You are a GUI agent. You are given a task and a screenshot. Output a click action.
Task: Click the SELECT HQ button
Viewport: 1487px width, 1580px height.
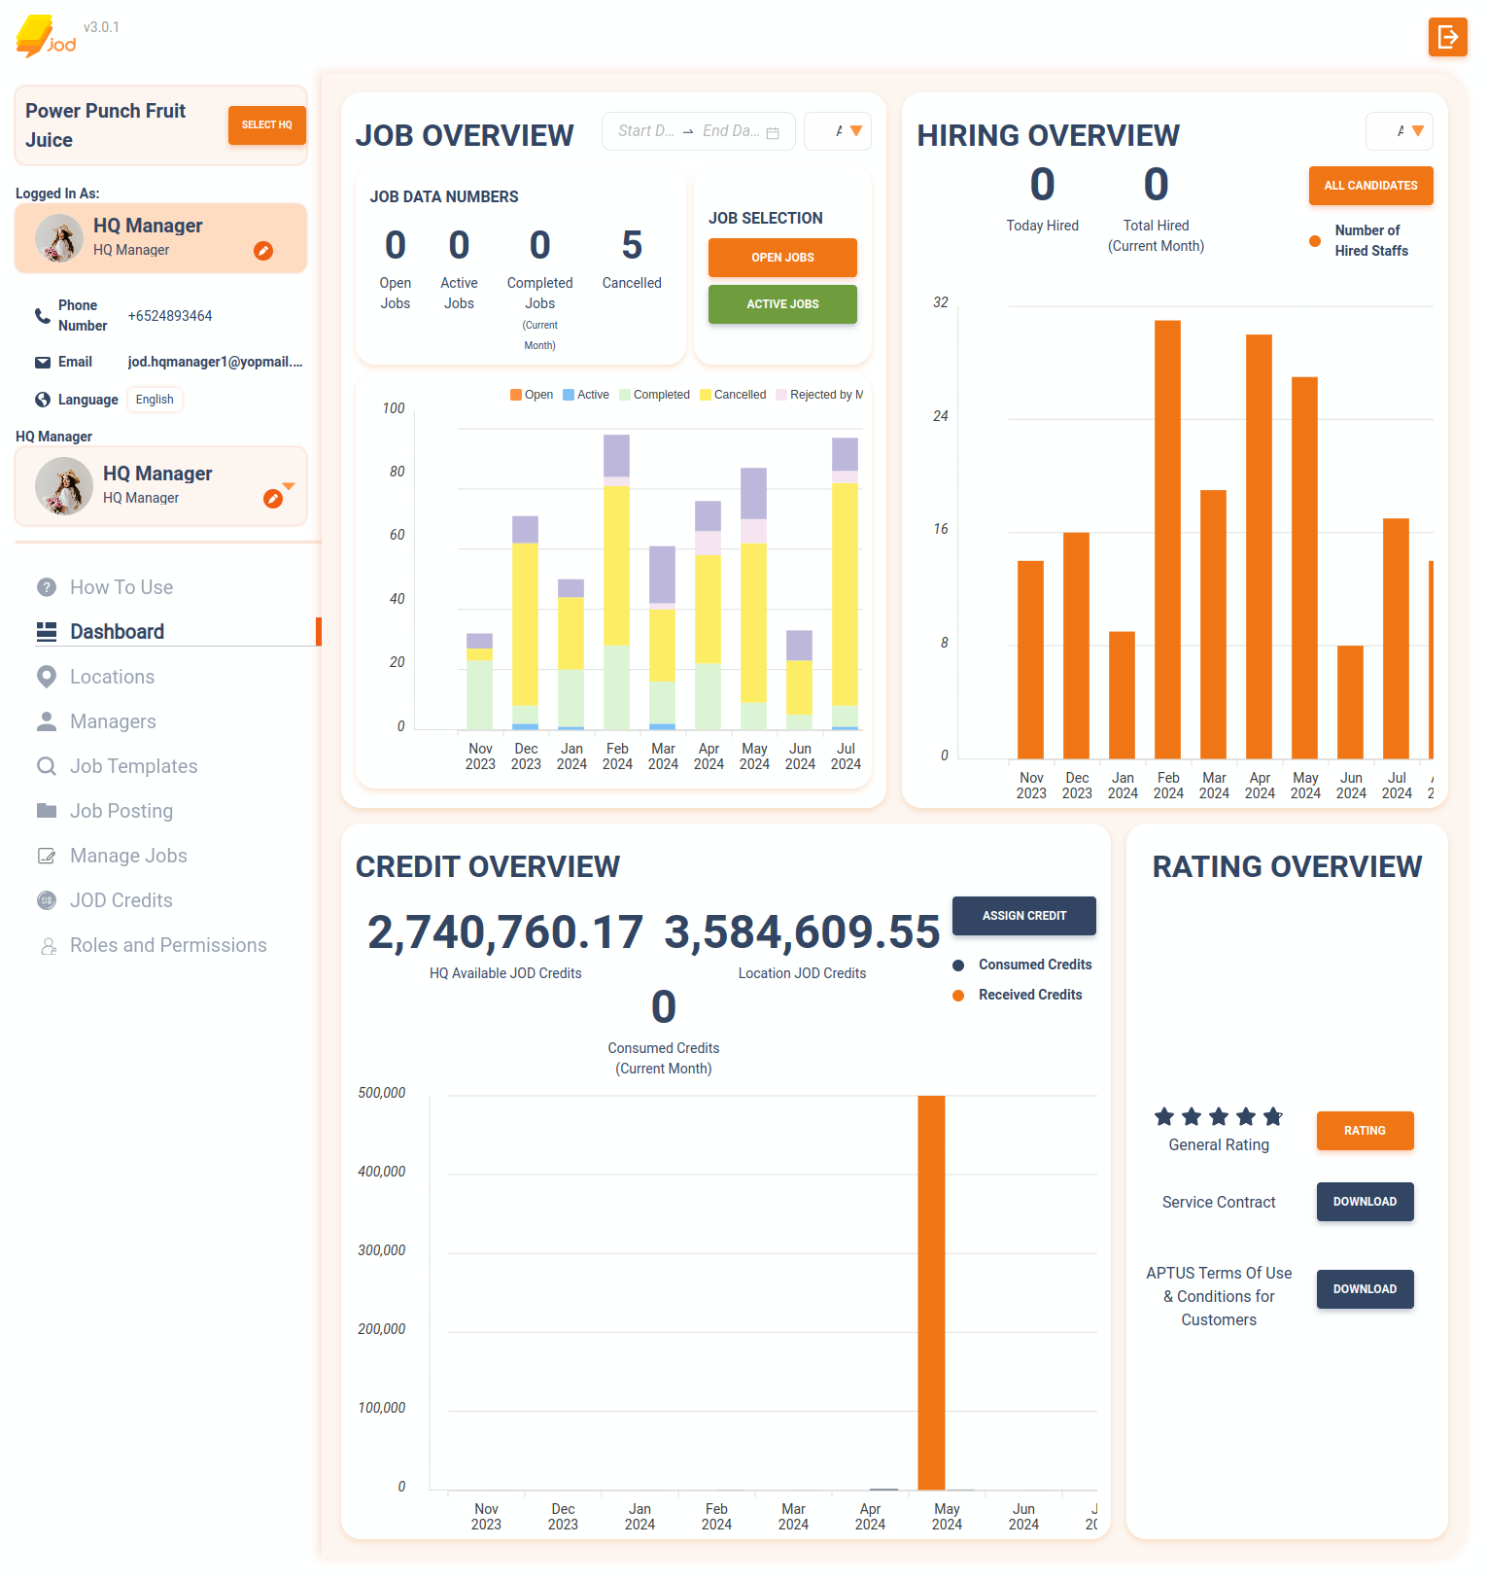(x=266, y=125)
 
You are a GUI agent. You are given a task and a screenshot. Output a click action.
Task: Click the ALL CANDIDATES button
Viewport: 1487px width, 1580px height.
(x=1370, y=186)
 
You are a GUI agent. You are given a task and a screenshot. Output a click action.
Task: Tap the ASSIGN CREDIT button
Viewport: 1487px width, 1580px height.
(x=1023, y=916)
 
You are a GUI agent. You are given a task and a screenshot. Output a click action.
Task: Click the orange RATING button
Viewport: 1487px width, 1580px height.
(x=1365, y=1131)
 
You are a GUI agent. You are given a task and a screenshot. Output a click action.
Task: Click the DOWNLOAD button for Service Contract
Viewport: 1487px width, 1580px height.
(x=1365, y=1202)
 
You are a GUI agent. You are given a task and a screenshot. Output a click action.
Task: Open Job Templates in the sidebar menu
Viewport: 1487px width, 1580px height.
(x=133, y=766)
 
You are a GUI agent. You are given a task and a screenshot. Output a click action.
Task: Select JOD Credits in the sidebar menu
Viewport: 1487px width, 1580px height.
(x=121, y=900)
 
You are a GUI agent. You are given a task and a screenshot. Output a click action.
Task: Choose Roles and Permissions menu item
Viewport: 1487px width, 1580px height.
(x=167, y=945)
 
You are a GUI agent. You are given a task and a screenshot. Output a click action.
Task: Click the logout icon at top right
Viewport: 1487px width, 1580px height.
(x=1447, y=37)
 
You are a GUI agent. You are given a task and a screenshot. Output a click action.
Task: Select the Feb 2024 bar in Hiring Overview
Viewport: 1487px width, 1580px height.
(x=1167, y=540)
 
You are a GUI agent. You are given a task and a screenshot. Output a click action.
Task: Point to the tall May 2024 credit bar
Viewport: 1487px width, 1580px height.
(x=931, y=1293)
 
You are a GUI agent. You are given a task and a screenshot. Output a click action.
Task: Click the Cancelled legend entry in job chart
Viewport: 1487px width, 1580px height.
(x=733, y=395)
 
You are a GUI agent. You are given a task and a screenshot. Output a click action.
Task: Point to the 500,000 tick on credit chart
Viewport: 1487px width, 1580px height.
(x=381, y=1093)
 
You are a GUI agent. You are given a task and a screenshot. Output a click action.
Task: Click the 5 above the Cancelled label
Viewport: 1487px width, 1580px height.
(x=632, y=245)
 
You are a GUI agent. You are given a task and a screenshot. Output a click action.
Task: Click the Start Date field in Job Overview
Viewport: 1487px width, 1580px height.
(x=645, y=131)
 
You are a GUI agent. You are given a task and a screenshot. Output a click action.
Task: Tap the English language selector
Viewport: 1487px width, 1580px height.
(x=155, y=400)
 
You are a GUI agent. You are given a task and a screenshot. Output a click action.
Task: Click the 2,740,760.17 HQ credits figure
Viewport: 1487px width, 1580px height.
(x=504, y=931)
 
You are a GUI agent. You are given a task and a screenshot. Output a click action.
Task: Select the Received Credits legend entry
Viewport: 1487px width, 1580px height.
(x=1029, y=995)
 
